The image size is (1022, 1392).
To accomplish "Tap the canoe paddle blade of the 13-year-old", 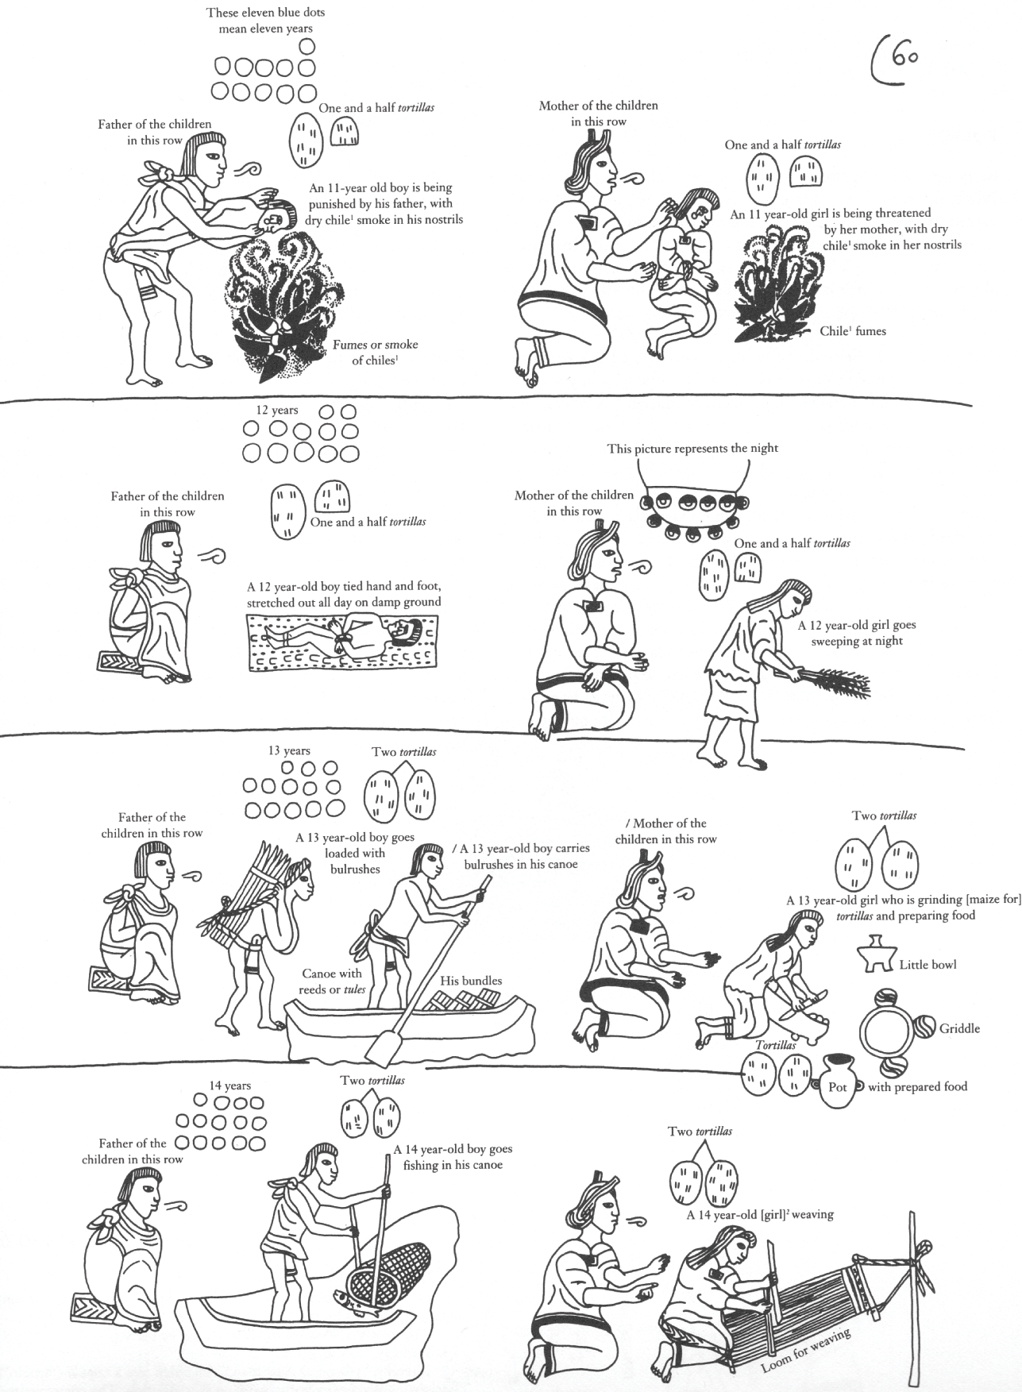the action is [384, 1046].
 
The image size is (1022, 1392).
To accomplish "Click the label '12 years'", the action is [277, 411].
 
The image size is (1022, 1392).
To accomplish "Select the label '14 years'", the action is [229, 1085].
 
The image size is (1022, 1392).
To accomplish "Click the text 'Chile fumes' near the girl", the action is [852, 331].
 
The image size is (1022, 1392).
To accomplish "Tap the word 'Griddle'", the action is [959, 1028].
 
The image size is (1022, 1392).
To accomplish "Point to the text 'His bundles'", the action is [471, 980].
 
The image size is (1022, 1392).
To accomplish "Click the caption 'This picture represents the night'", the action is [692, 449].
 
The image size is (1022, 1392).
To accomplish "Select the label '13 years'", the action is [289, 750].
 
